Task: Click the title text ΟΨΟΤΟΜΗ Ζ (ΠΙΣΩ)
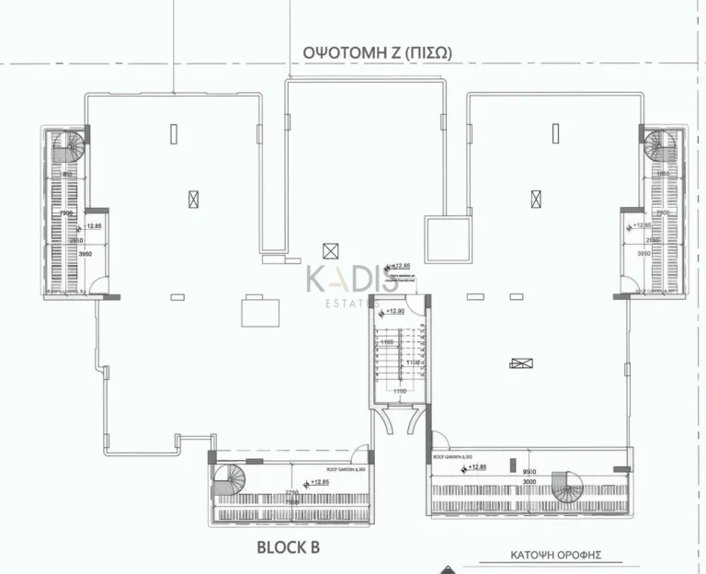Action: click(x=377, y=53)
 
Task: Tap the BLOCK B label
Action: click(x=288, y=549)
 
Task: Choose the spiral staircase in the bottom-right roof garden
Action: click(x=569, y=487)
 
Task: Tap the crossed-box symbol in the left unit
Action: click(x=192, y=197)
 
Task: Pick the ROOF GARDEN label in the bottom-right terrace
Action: click(x=451, y=457)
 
